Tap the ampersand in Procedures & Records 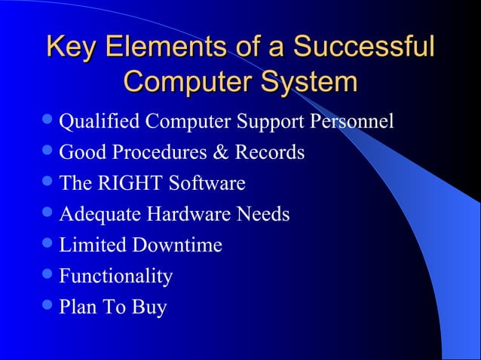220,153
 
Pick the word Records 269,153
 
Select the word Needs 263,215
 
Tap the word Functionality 115,276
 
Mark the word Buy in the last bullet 149,307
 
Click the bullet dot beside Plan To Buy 49,306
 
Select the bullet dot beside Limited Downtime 49,244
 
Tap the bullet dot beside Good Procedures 49,151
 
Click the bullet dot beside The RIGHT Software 49,182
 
